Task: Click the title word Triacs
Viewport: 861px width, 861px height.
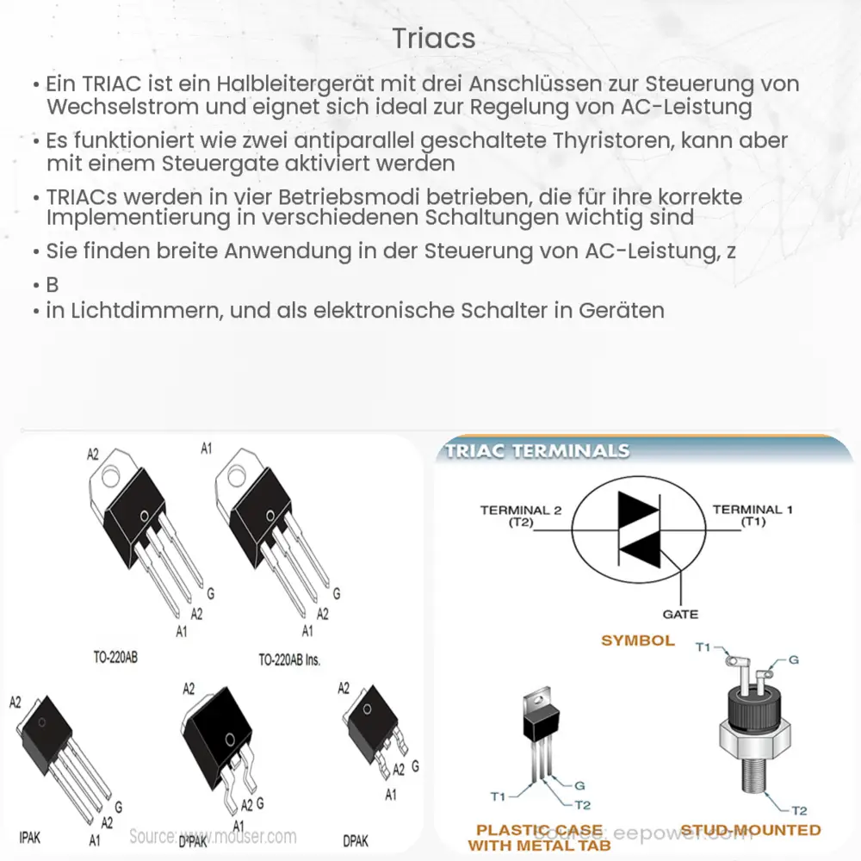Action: [x=433, y=39]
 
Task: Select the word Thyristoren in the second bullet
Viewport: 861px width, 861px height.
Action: [x=601, y=140]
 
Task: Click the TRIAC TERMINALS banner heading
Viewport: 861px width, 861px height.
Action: [x=537, y=451]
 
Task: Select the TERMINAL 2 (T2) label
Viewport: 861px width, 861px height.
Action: [x=520, y=516]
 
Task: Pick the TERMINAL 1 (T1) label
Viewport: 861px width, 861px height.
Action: [x=746, y=515]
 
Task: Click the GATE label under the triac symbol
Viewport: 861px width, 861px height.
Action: [x=680, y=615]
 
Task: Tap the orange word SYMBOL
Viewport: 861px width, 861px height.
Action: [x=637, y=641]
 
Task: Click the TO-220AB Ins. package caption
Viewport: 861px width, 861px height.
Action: [x=288, y=660]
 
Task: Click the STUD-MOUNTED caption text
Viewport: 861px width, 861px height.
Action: [x=752, y=830]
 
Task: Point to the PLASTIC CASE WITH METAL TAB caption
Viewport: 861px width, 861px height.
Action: [x=540, y=838]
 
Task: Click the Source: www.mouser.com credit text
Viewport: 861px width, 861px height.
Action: [x=213, y=836]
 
